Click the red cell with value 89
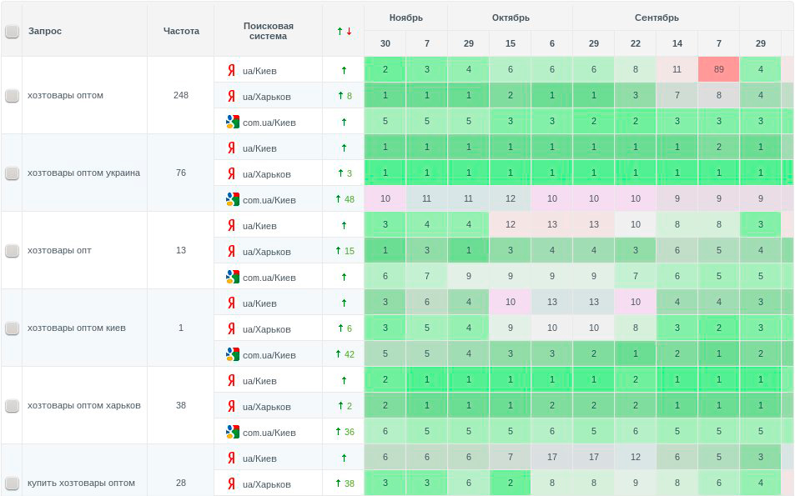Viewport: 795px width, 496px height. (x=718, y=70)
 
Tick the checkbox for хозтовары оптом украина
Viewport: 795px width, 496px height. (x=12, y=173)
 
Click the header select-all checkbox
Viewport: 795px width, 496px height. (x=12, y=32)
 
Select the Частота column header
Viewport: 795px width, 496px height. (x=181, y=31)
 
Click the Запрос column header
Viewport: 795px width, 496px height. (x=45, y=31)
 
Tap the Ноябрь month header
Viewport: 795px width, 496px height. (x=405, y=18)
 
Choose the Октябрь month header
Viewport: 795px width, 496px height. (x=510, y=18)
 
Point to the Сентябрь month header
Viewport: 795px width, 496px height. (x=656, y=18)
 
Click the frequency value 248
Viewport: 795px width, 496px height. (x=181, y=95)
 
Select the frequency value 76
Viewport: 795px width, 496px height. (x=181, y=173)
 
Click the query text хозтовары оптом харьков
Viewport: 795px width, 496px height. (x=83, y=405)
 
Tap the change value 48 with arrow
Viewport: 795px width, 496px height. (x=344, y=199)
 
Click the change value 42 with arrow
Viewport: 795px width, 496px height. (x=344, y=354)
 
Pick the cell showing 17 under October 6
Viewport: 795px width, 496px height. (x=551, y=457)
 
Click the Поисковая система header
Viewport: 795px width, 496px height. (x=268, y=31)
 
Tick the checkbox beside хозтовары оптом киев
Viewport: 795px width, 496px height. (x=12, y=328)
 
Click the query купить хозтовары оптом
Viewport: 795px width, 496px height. (x=81, y=483)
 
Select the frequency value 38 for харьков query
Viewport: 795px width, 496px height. (x=181, y=405)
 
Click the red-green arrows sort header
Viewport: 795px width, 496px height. (x=344, y=31)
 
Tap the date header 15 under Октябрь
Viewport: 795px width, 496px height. (x=510, y=43)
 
